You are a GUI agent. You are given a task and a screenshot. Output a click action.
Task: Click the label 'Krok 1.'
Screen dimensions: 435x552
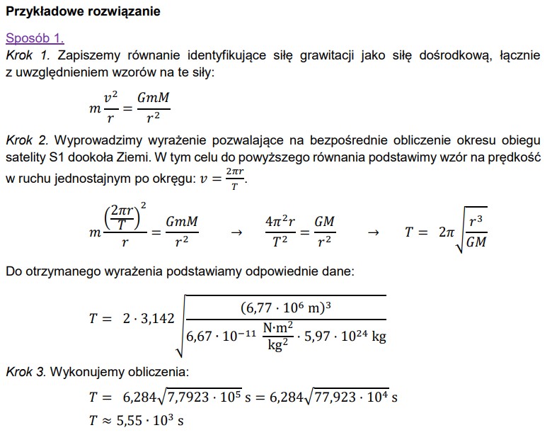pos(29,55)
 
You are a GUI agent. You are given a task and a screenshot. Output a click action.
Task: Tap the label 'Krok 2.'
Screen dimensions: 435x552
pos(29,140)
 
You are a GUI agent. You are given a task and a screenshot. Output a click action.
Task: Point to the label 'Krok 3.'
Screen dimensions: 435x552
pos(29,371)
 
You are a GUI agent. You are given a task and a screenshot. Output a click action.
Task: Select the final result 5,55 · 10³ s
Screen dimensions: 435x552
pos(151,421)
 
